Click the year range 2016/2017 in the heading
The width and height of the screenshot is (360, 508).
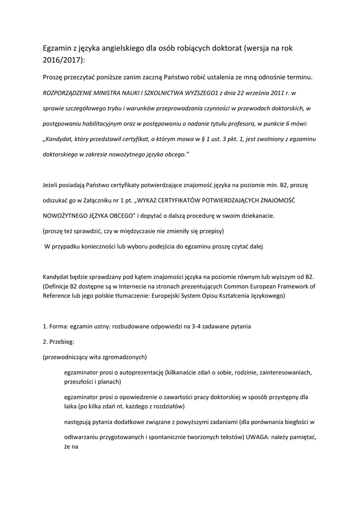(63, 60)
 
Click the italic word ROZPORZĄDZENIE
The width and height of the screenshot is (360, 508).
(73, 92)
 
